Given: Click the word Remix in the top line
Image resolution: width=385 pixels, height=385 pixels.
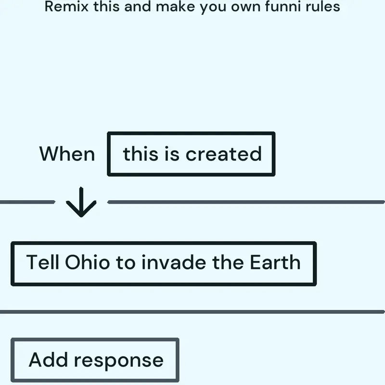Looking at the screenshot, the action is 66,6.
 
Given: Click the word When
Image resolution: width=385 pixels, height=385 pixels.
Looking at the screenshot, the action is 67,154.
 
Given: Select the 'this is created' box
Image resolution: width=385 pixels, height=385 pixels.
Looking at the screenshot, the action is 191,154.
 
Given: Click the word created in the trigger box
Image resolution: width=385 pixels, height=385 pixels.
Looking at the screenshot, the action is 224,154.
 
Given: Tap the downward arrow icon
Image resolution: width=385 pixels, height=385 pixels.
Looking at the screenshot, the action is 81,202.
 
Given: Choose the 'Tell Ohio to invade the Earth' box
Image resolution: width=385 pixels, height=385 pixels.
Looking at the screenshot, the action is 164,264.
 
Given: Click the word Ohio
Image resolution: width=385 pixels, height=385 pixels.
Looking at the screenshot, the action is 87,262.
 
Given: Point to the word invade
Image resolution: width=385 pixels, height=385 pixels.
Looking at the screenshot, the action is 174,262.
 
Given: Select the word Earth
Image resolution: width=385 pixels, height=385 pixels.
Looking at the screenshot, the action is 275,262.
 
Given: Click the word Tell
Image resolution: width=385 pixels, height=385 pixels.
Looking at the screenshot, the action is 43,262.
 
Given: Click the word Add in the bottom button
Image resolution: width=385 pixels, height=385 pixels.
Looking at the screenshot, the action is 48,359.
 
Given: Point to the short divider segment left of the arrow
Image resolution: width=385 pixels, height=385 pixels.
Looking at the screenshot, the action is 27,202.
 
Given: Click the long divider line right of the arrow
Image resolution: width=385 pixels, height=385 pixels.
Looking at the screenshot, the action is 246,202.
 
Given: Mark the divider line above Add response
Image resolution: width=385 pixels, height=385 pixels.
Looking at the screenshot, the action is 192,312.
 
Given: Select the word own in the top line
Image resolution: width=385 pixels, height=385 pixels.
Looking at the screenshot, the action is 245,7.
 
